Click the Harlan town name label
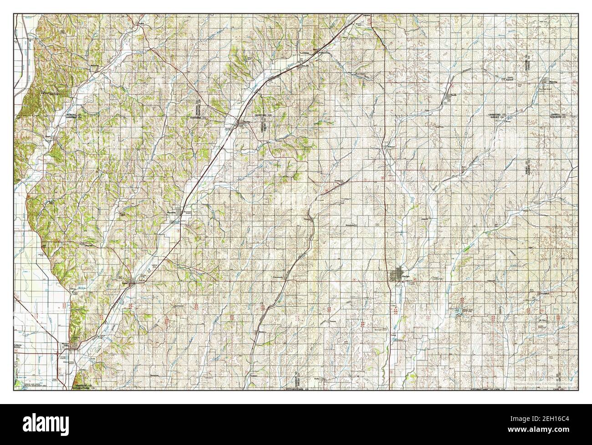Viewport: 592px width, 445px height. [406, 276]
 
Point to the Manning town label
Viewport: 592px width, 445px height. [558, 82]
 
